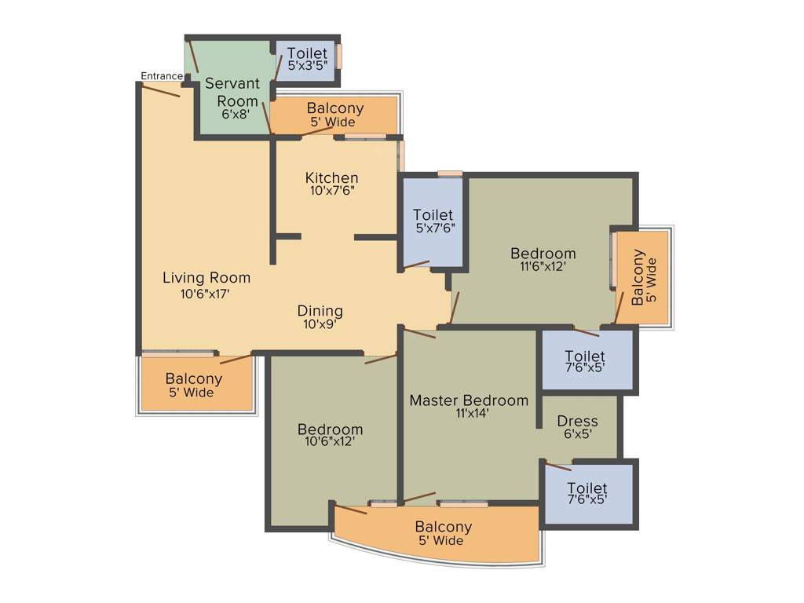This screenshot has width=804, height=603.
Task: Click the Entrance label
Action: point(161,76)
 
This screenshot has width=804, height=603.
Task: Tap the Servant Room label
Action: point(231,92)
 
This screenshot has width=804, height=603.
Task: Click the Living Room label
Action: point(206,277)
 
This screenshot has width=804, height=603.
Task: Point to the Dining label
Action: point(320,310)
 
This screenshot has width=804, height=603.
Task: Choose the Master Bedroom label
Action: point(469,400)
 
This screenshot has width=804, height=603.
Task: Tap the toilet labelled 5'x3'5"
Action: point(306,60)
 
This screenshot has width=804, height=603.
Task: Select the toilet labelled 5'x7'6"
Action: point(433,221)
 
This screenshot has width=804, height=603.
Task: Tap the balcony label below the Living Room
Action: point(193,385)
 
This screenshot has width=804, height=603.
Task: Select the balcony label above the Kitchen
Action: point(334,115)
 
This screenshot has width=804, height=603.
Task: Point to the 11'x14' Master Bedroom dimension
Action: point(469,414)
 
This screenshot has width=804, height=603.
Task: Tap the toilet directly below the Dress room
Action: point(587,492)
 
